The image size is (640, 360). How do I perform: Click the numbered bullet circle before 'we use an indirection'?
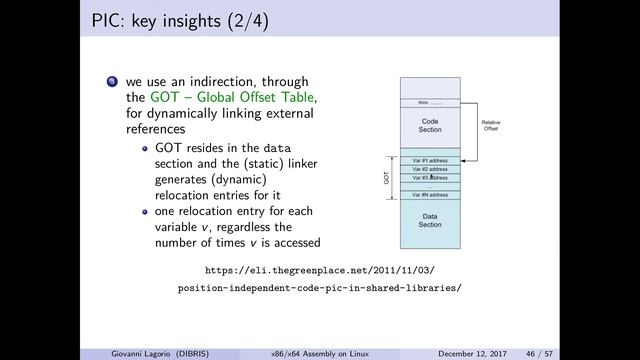pyautogui.click(x=113, y=81)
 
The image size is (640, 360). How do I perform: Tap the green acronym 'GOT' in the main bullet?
pyautogui.click(x=166, y=97)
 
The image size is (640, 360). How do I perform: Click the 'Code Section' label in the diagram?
pyautogui.click(x=430, y=126)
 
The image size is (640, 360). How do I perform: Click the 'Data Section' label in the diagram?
pyautogui.click(x=430, y=220)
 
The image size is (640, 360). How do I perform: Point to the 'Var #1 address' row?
pyautogui.click(x=430, y=160)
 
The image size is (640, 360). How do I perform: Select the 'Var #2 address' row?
pyautogui.click(x=430, y=169)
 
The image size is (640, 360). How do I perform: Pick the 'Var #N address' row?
pyautogui.click(x=430, y=194)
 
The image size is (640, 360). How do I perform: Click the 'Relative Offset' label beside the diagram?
pyautogui.click(x=491, y=126)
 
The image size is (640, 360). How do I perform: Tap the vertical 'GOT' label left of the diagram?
pyautogui.click(x=386, y=177)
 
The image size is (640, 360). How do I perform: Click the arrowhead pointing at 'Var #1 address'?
pyautogui.click(x=464, y=160)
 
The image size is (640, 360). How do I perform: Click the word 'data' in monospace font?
pyautogui.click(x=284, y=147)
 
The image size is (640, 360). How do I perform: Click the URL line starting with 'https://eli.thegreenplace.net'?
pyautogui.click(x=319, y=270)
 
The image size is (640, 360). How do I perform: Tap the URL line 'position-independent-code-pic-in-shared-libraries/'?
pyautogui.click(x=319, y=288)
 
